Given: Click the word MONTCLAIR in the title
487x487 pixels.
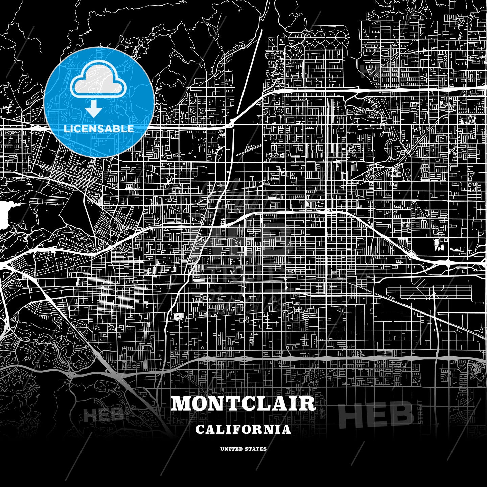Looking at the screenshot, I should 243,403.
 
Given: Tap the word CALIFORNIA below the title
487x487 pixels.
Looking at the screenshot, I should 243,430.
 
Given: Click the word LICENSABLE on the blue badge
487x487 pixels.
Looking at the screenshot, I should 99,129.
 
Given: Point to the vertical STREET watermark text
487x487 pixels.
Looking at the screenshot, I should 420,412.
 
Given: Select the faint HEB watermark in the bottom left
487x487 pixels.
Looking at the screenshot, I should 103,415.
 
